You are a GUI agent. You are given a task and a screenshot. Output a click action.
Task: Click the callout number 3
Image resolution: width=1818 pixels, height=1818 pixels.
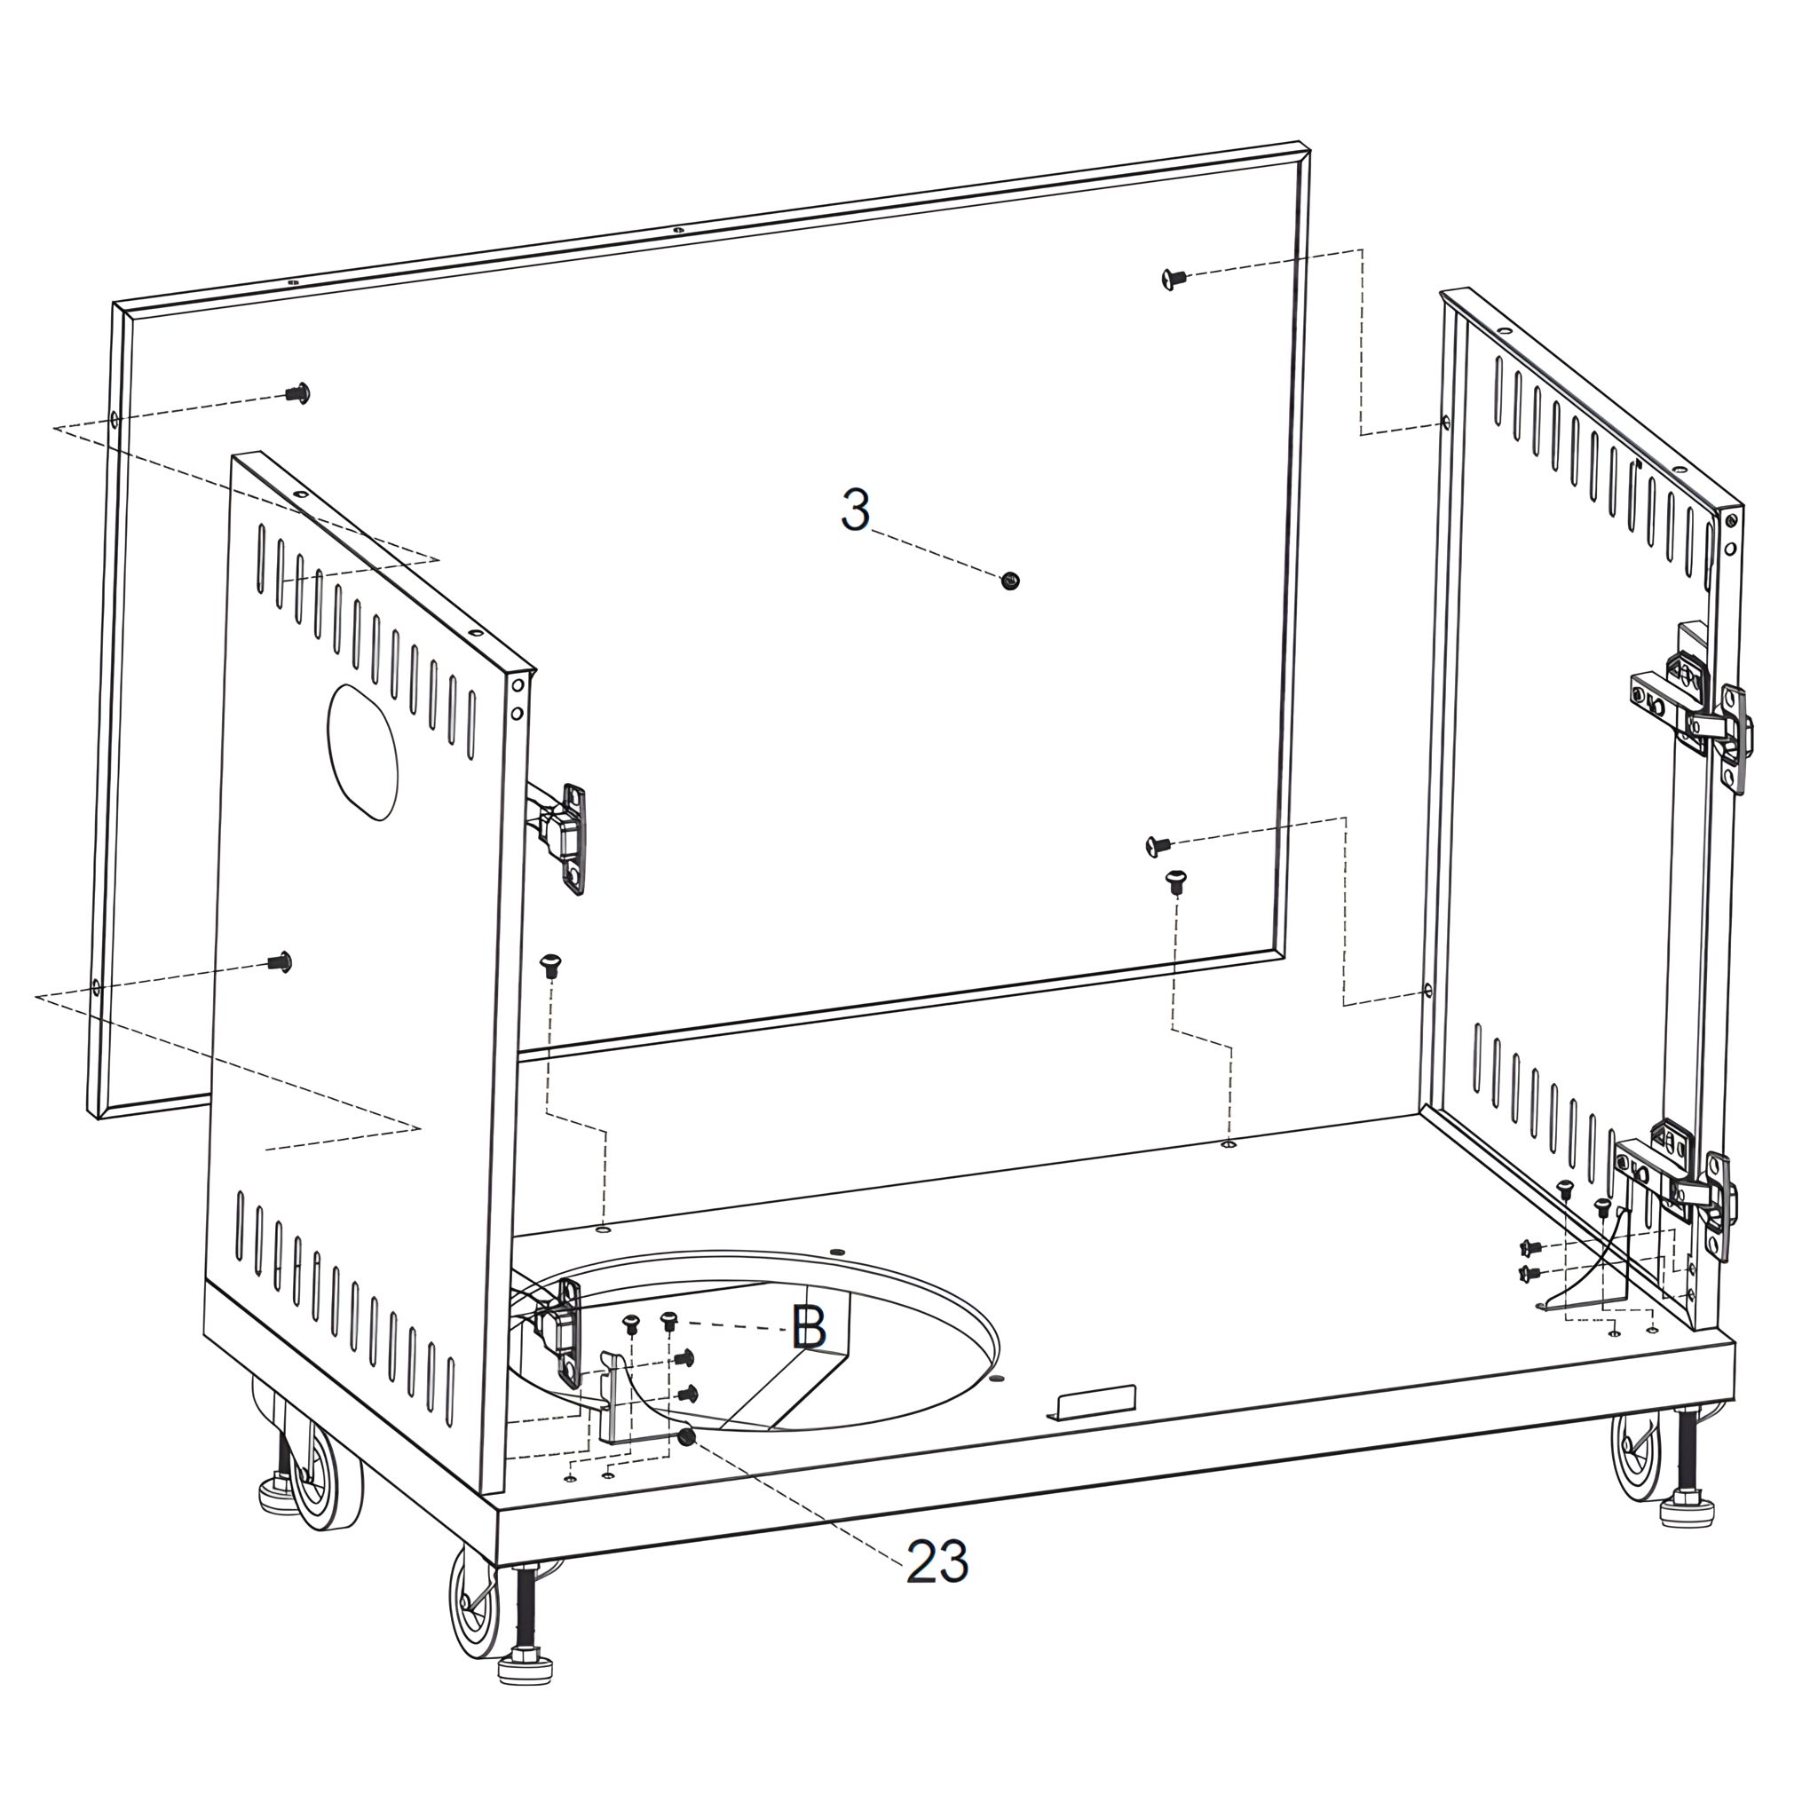pyautogui.click(x=855, y=510)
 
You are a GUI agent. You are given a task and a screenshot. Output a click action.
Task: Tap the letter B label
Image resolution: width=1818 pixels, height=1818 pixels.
pyautogui.click(x=809, y=1327)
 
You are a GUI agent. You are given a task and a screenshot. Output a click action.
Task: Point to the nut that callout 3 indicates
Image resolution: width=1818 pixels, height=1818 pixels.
pyautogui.click(x=1009, y=580)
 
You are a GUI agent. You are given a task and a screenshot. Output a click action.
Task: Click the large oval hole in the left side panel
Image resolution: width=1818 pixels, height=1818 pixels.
pyautogui.click(x=362, y=752)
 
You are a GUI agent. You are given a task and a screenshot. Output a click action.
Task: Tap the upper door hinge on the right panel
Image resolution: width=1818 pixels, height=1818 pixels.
pyautogui.click(x=1691, y=717)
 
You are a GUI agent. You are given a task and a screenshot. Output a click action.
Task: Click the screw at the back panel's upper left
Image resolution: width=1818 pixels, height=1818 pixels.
pyautogui.click(x=297, y=393)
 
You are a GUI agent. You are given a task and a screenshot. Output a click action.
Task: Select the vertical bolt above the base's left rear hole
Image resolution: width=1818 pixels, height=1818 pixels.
pyautogui.click(x=550, y=967)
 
